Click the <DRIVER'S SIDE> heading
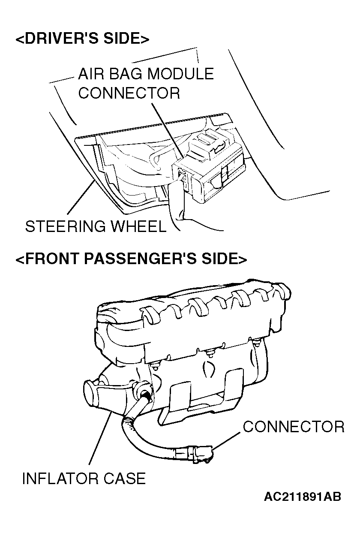[x=82, y=39]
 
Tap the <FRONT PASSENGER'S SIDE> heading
[x=131, y=259]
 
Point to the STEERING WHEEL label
[x=95, y=226]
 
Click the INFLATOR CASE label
[x=84, y=478]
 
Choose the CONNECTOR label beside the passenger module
[x=293, y=427]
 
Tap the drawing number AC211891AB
[x=303, y=497]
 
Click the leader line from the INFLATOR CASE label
[x=101, y=437]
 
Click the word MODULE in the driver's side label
[x=180, y=74]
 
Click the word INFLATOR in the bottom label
[x=60, y=478]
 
